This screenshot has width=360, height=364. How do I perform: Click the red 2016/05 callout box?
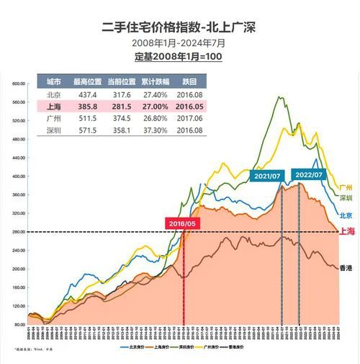tap(181, 224)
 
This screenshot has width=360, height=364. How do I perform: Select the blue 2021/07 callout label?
tap(266, 176)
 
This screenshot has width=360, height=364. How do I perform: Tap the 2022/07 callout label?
tap(308, 174)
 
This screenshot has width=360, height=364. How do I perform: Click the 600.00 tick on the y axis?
tap(19, 84)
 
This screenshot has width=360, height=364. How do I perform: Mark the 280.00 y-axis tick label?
tap(19, 232)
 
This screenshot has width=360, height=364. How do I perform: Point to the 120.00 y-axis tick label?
tap(19, 306)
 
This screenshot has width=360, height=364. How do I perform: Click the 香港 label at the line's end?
tap(346, 267)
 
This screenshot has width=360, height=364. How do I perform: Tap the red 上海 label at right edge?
tap(346, 231)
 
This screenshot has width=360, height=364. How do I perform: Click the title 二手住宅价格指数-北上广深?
tap(179, 27)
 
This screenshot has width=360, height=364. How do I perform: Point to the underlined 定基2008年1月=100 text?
tap(179, 56)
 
